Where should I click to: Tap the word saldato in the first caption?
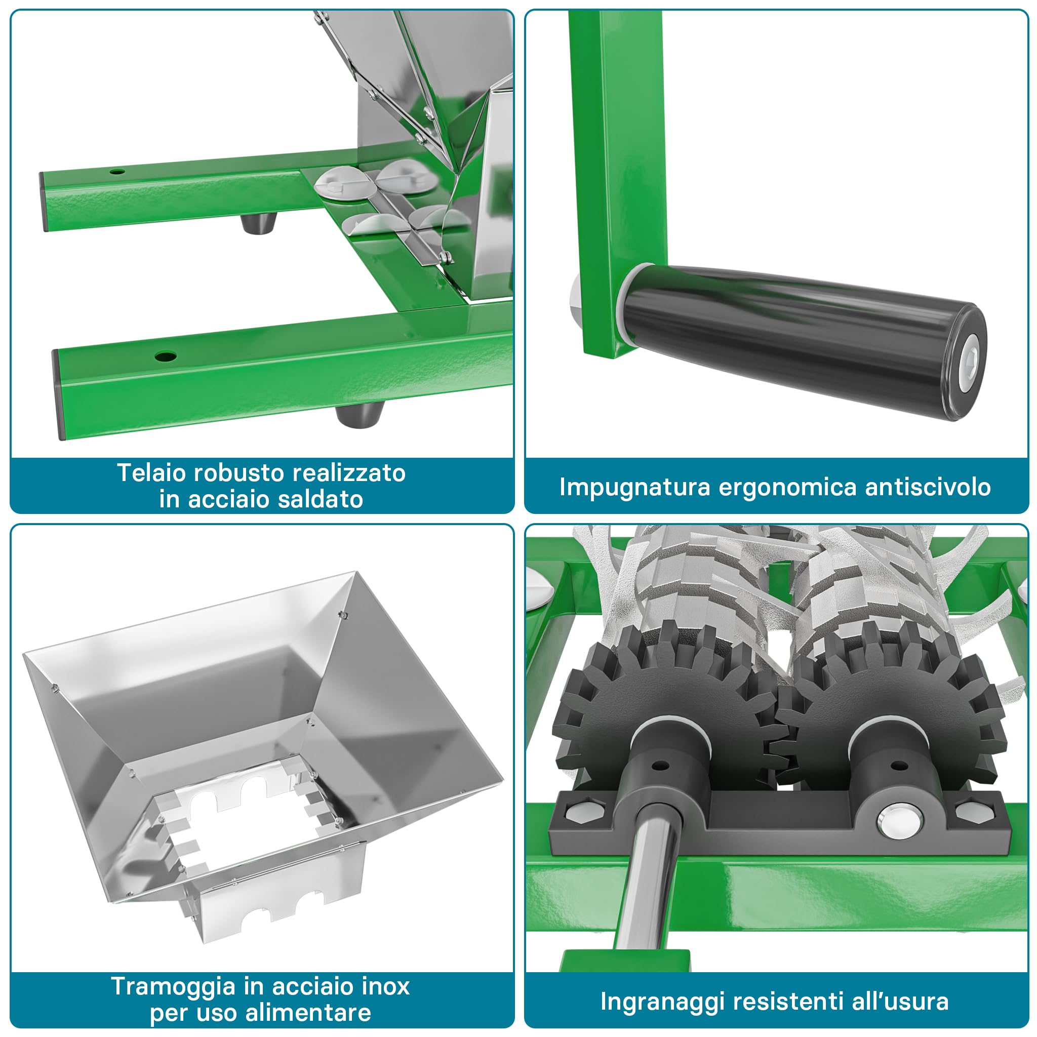tap(321, 499)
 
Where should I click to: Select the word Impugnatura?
tap(634, 488)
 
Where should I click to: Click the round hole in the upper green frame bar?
tap(117, 172)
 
